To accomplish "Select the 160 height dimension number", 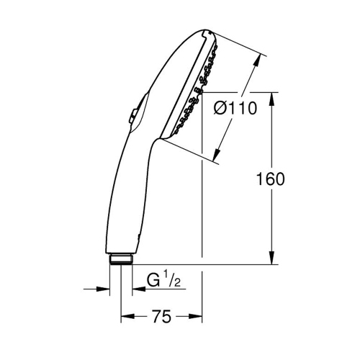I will pos(270,179).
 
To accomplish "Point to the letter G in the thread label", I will pos(153,279).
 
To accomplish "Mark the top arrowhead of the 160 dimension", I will pos(272,97).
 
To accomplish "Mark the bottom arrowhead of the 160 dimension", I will pos(272,260).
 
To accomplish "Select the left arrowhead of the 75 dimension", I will pos(125,316).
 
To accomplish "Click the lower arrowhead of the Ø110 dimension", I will pos(218,154).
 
